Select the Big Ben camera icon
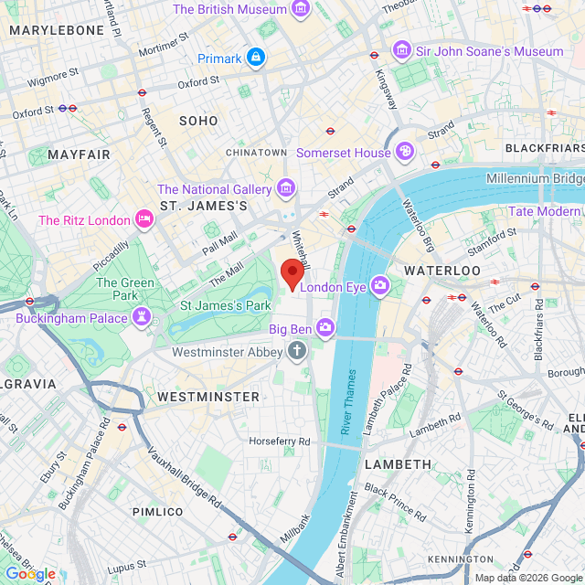pos(324,327)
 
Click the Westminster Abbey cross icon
pos(296,349)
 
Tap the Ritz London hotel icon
pos(144,219)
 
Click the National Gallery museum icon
pos(286,189)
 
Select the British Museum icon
pos(301,9)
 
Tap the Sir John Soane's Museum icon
pos(400,51)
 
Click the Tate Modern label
pos(544,211)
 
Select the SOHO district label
pos(198,121)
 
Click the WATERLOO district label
pos(442,271)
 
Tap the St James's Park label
pos(225,305)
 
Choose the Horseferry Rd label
pos(280,441)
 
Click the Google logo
pos(29,573)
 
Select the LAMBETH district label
pos(398,464)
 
